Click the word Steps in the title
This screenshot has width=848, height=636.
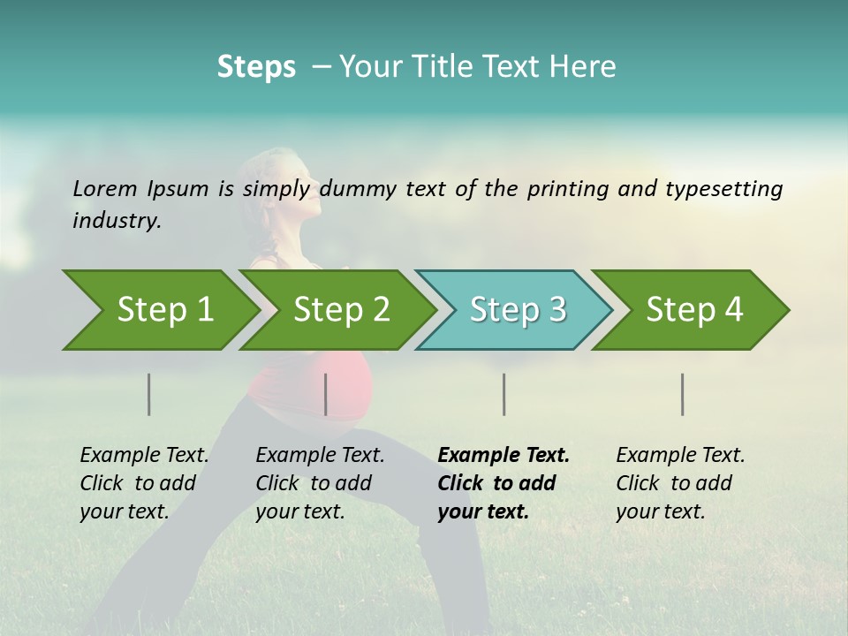click(x=256, y=67)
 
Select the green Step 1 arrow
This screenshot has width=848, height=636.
click(x=159, y=310)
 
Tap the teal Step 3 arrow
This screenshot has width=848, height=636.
click(x=514, y=310)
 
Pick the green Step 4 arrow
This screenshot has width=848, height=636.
click(x=691, y=310)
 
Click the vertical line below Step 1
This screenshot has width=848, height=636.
click(x=149, y=394)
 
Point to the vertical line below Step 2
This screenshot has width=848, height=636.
click(x=326, y=394)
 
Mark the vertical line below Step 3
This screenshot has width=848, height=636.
click(x=504, y=394)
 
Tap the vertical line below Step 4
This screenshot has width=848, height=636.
click(x=683, y=394)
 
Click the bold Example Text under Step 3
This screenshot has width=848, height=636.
click(x=503, y=456)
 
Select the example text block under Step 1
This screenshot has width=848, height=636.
click(x=144, y=483)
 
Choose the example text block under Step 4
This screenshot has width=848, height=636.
click(x=680, y=483)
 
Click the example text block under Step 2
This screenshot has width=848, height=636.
click(x=320, y=483)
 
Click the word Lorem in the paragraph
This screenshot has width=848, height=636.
click(x=104, y=189)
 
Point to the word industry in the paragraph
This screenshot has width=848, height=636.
click(x=116, y=221)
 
